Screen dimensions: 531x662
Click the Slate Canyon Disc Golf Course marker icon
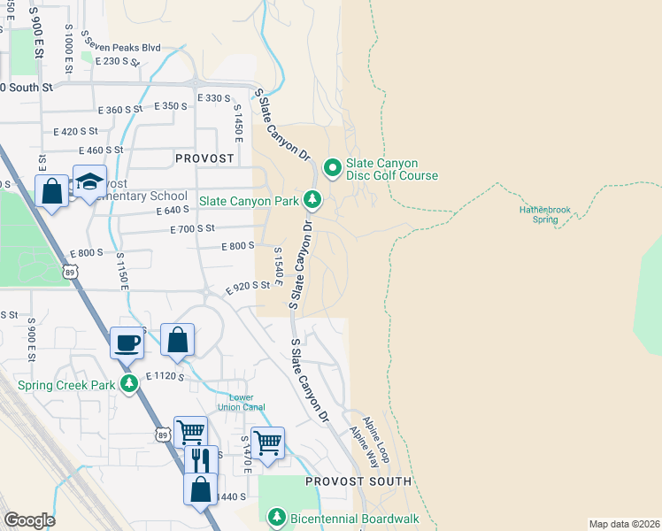click(x=333, y=167)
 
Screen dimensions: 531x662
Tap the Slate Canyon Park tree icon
click(x=312, y=201)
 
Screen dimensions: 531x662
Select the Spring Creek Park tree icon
click(x=130, y=385)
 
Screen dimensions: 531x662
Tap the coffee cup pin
click(x=127, y=342)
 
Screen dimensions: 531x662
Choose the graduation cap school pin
click(x=89, y=181)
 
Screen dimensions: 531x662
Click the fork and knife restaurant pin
click(x=201, y=460)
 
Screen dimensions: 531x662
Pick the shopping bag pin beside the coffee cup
click(x=178, y=340)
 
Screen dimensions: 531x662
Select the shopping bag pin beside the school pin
click(x=52, y=190)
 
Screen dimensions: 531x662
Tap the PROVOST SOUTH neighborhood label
click(x=358, y=481)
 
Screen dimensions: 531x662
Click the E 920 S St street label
click(x=247, y=287)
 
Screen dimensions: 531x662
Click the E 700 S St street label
click(x=193, y=228)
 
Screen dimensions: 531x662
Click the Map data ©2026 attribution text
click(x=623, y=524)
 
